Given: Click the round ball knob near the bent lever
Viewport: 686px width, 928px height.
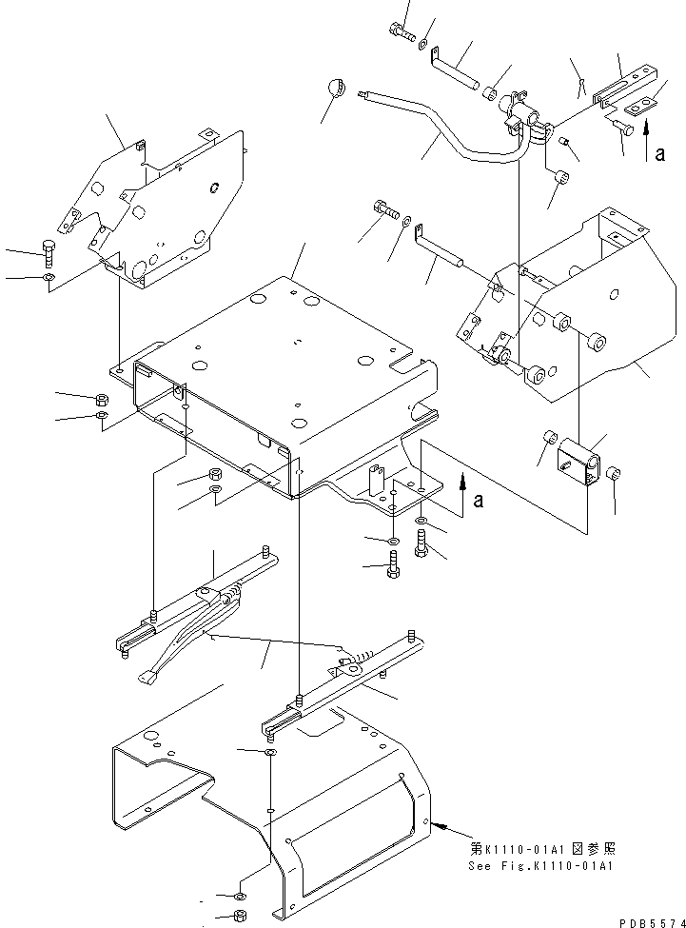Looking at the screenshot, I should tap(333, 89).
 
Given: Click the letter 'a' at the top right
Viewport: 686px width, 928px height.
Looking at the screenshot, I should tap(658, 154).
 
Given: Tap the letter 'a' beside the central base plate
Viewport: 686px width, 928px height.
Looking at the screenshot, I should tap(478, 500).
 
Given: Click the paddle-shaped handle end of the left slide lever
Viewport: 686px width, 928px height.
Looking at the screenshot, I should tap(147, 678).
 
